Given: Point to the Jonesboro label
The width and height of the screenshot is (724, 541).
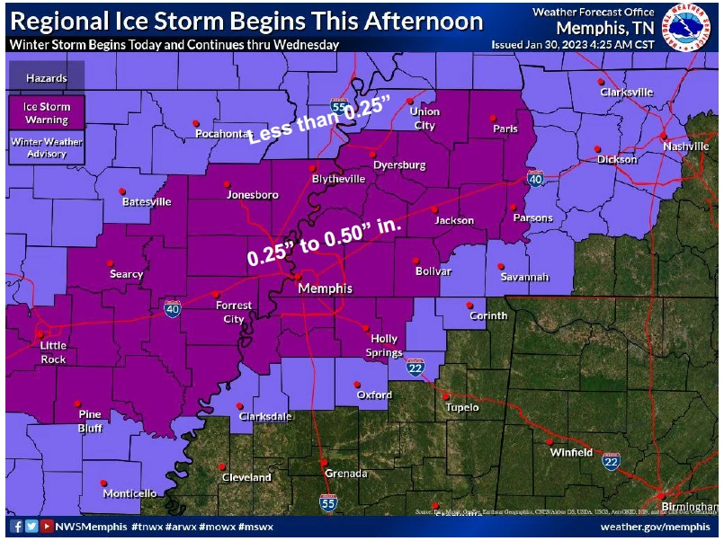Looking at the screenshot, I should (x=253, y=194).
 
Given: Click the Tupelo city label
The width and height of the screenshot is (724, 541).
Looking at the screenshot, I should (x=463, y=407).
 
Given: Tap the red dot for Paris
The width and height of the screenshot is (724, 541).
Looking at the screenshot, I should (x=493, y=118).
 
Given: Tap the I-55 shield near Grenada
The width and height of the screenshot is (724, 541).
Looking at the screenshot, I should (x=328, y=501).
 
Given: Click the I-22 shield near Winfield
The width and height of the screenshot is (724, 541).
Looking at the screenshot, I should (x=612, y=461).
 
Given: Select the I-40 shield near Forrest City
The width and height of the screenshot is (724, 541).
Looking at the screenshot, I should (x=172, y=309).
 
